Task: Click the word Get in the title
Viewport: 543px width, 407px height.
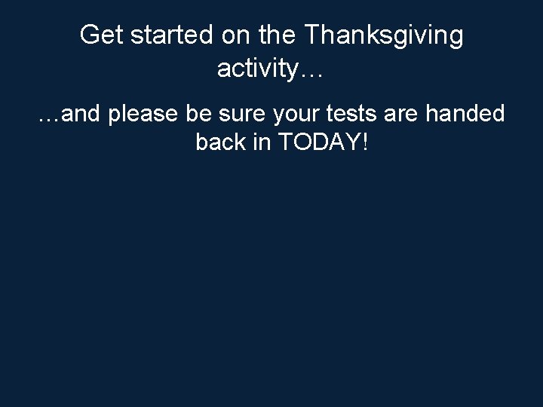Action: (99, 35)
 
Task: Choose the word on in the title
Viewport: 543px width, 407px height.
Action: (234, 35)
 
